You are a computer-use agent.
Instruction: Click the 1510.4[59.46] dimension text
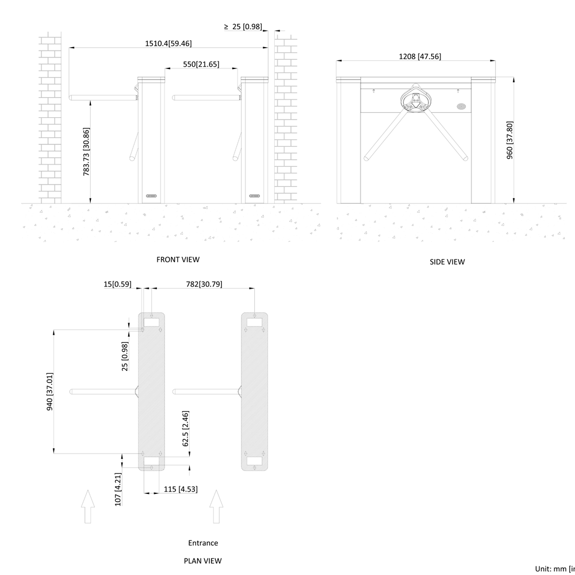point(168,43)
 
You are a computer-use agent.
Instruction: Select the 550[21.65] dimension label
point(201,64)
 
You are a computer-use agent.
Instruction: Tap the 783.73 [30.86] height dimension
point(86,151)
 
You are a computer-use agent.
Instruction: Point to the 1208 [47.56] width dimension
point(420,56)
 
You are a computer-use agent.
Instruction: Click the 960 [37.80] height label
point(509,140)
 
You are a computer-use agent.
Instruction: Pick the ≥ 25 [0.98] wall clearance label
point(243,26)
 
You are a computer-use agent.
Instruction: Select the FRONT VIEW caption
point(178,259)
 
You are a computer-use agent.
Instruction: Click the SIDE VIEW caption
point(447,262)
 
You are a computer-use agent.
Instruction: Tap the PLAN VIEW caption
point(202,560)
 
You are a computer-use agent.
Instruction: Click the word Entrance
point(203,543)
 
